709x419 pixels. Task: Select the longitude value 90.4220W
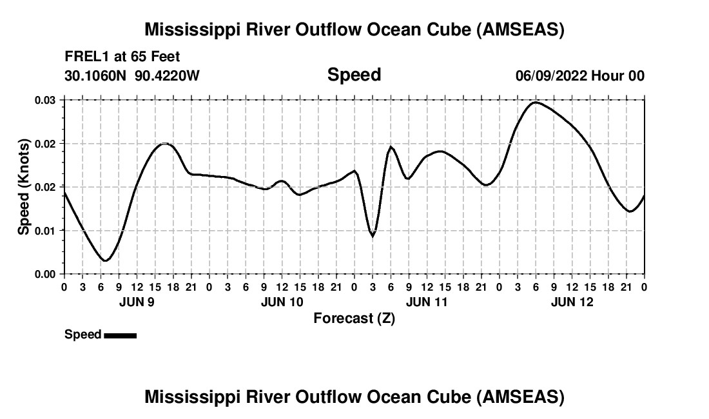coord(167,75)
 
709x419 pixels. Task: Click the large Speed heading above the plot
coord(354,75)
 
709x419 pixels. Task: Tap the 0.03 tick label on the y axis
coord(45,100)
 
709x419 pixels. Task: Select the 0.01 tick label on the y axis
coord(45,230)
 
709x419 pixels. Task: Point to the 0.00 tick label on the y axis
coord(45,274)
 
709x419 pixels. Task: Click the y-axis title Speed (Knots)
coord(24,186)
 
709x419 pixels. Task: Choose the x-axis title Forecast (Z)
coord(354,318)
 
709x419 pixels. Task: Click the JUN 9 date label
coord(137,302)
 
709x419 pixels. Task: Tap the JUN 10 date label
coord(282,302)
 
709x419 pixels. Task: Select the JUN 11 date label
coord(427,302)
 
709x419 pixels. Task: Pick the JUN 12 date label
coord(572,302)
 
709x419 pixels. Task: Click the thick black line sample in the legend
coord(120,335)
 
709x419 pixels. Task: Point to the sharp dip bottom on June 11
coord(373,236)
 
